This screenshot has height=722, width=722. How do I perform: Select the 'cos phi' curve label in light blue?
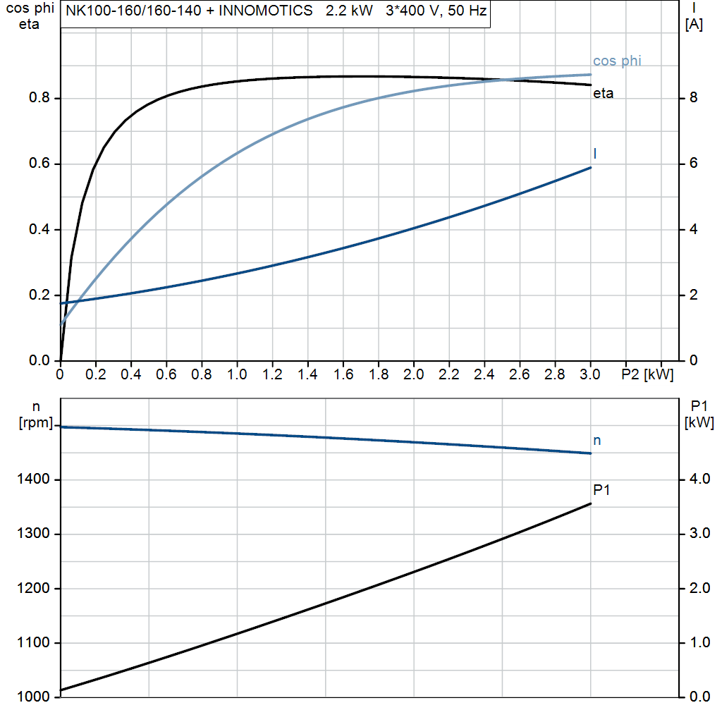[x=617, y=61]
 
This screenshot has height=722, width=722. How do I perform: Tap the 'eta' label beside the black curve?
[x=603, y=93]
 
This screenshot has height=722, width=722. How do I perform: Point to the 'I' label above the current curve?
[x=596, y=153]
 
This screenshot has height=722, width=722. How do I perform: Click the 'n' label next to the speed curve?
[x=597, y=441]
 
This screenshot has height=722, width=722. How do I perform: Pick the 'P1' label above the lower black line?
[x=601, y=489]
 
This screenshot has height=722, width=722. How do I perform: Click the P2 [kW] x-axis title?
[x=647, y=375]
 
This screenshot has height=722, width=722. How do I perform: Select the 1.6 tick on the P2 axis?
[x=343, y=375]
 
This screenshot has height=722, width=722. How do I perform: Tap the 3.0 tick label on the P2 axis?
[x=589, y=375]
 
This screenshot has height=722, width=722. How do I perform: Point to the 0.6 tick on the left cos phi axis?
[x=39, y=164]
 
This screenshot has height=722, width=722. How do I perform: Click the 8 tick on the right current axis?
[x=693, y=98]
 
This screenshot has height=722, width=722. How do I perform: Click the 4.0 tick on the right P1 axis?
[x=698, y=479]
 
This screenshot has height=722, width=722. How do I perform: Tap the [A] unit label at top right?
[x=695, y=25]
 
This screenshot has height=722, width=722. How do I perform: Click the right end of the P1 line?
[x=590, y=503]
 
